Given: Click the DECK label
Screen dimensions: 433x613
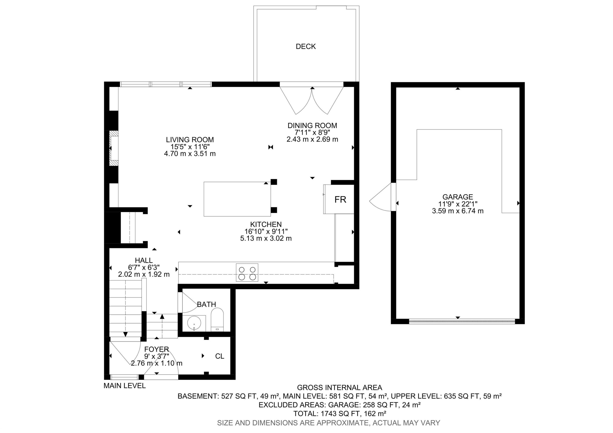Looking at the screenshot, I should (306, 46).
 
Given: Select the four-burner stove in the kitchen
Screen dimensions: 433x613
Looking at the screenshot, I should (247, 273).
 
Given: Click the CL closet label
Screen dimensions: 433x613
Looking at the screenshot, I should (219, 356).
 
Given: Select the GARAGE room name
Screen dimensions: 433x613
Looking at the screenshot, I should (458, 197).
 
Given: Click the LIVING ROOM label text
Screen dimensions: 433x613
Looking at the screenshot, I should (190, 140).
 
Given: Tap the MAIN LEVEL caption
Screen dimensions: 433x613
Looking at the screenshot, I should (125, 386).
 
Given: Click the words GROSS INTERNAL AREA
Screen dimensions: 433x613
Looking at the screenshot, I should (340, 388).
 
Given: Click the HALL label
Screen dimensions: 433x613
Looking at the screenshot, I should (144, 260).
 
